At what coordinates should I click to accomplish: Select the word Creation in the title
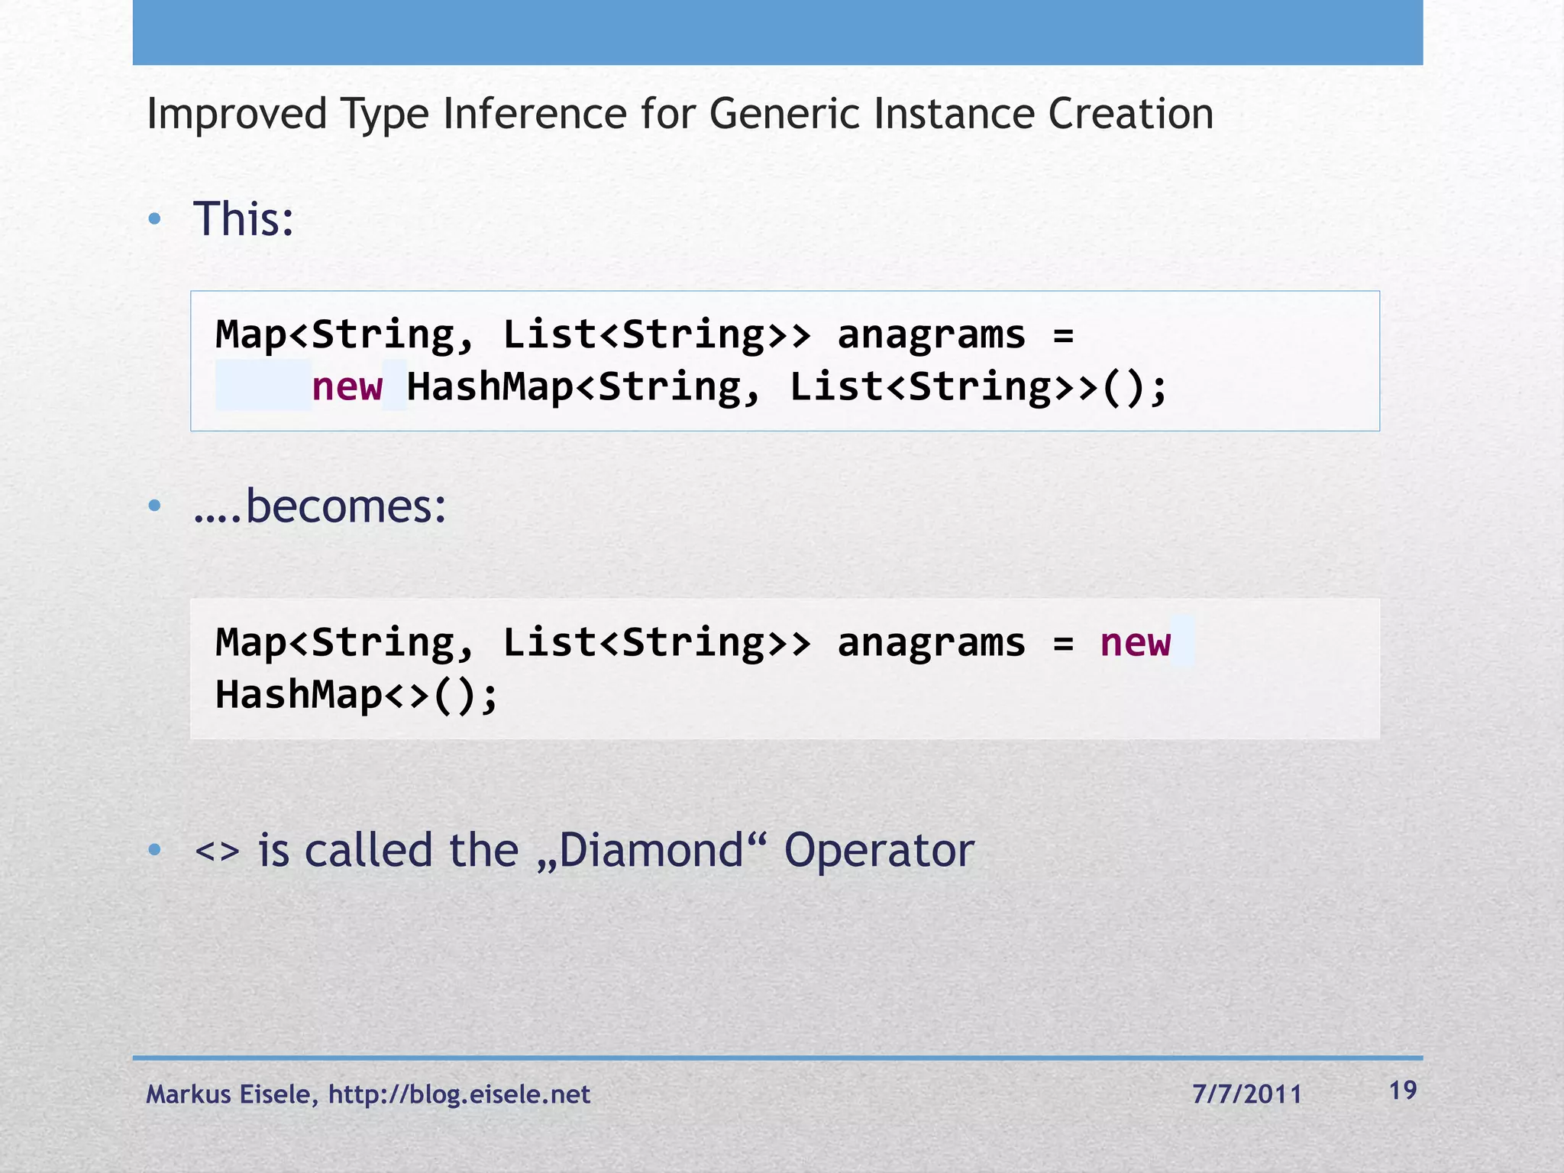1130,115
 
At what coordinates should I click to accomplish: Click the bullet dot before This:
155,220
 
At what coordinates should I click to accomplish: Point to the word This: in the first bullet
243,219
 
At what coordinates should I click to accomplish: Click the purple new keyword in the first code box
347,386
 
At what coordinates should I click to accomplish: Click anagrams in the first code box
931,335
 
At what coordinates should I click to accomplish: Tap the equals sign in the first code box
1063,335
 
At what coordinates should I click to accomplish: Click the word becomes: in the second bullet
345,506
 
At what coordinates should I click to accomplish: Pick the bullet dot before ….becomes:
155,506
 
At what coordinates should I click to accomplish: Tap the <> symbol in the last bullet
217,851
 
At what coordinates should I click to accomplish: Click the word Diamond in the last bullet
651,851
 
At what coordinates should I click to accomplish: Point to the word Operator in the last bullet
879,851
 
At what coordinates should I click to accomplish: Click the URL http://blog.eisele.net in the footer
459,1094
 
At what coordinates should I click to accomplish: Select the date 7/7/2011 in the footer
1246,1094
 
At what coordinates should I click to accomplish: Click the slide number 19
1403,1091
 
